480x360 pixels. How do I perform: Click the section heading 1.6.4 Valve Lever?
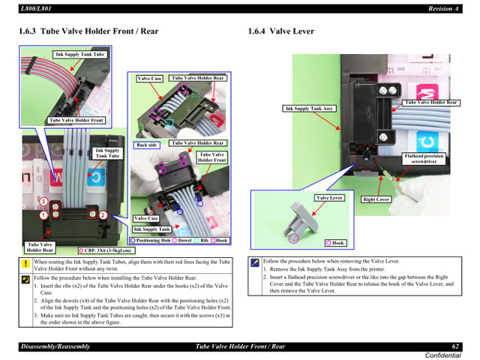[x=281, y=31]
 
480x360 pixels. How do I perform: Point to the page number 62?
[x=455, y=346]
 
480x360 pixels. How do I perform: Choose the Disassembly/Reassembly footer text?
[x=55, y=346]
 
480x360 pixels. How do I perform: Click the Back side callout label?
[x=147, y=145]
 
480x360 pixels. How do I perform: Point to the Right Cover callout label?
[x=376, y=199]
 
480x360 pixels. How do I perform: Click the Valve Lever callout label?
[x=329, y=198]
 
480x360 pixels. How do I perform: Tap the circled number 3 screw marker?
[x=43, y=202]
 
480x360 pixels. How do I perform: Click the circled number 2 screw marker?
[x=103, y=215]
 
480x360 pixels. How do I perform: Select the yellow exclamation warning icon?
[x=25, y=265]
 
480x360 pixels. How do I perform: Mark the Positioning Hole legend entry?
[x=151, y=241]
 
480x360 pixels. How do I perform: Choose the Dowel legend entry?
[x=182, y=241]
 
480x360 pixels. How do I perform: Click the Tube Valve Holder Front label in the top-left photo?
[x=76, y=120]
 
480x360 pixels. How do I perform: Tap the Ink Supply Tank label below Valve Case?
[x=152, y=229]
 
